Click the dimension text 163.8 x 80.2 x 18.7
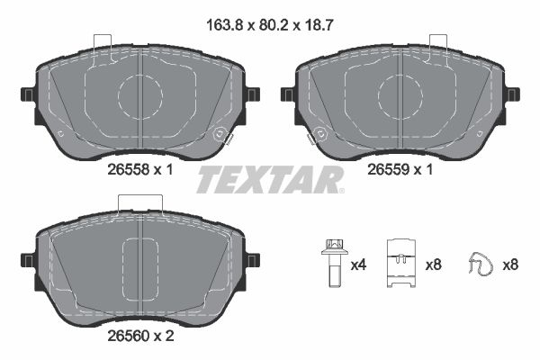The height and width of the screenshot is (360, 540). point(270,25)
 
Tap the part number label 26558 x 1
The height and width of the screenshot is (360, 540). point(140,169)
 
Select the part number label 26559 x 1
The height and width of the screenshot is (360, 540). point(400,169)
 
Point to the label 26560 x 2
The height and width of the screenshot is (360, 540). point(140,336)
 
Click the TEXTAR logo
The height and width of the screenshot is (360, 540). point(270,179)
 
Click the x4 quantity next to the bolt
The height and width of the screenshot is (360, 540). point(358,265)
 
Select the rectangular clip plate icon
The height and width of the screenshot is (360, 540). point(401,264)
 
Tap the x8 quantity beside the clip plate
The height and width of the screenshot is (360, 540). point(433,265)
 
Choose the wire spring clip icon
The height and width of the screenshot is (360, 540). point(481,263)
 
